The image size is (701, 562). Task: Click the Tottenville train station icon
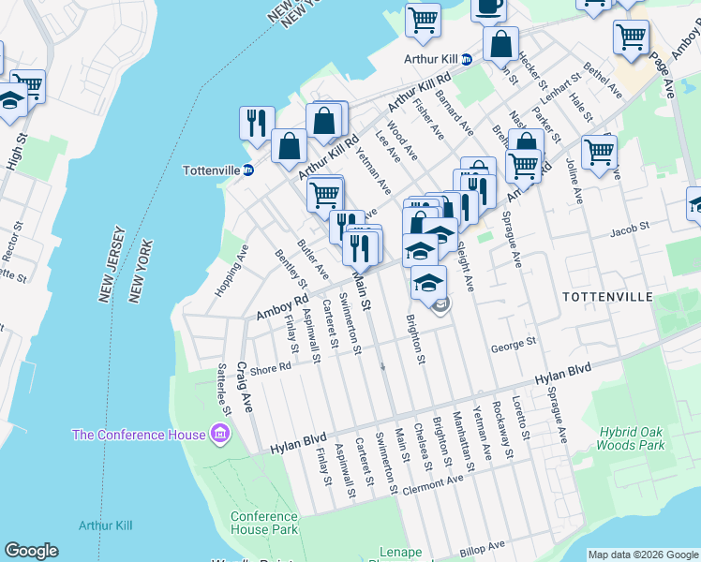tap(248, 170)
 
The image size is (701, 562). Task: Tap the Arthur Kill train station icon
tap(467, 58)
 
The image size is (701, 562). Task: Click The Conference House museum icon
tap(220, 434)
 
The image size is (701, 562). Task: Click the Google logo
tap(32, 551)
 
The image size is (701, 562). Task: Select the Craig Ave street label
tap(246, 387)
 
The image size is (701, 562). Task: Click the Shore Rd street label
tap(271, 369)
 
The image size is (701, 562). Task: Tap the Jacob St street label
tap(629, 229)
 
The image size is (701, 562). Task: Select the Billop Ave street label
tap(483, 545)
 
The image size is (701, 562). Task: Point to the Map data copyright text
tap(643, 555)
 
